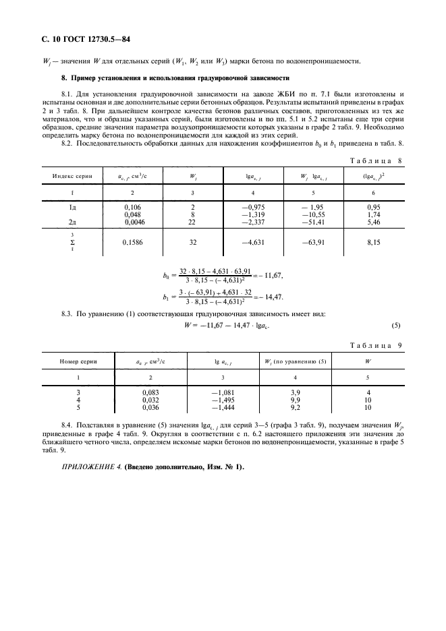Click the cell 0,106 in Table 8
(x=133, y=208)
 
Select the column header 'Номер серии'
(x=78, y=361)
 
